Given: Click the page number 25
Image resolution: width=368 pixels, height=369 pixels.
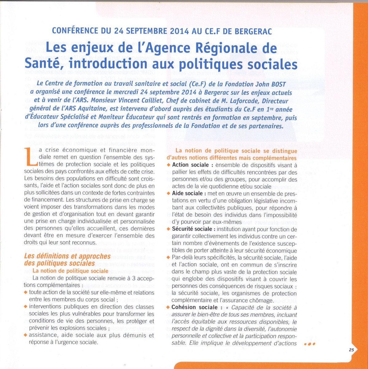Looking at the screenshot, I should click(352, 350).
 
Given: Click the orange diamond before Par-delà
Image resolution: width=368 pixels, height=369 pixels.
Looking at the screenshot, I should click(168, 257).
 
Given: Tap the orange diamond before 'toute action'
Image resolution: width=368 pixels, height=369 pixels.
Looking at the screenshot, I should click(25, 292).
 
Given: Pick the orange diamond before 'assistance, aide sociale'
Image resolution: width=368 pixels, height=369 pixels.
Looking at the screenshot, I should click(25, 335).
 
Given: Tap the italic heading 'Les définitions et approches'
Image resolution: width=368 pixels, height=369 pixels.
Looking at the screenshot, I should click(67, 256).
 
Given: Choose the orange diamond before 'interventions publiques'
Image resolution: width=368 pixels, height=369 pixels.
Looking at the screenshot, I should click(25, 307).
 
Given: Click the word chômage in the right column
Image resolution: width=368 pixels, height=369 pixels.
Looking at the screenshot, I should click(260, 300).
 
